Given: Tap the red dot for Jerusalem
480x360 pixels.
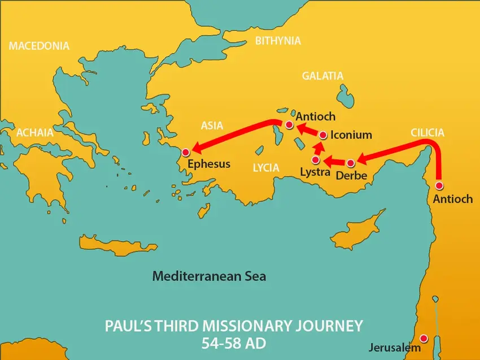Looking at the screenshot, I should coord(424,338).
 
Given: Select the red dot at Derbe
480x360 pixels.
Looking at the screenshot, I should coord(350,163).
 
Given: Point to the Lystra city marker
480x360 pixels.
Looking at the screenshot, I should coord(316,160).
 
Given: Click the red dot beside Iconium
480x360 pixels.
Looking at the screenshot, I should coord(323,135).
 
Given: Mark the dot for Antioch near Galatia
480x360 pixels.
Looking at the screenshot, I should coord(289,124).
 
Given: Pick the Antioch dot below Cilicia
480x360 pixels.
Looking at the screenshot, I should coord(439,185).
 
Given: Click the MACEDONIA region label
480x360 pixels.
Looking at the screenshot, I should coord(39,46).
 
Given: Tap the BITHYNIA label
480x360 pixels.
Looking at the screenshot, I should coord(278,41).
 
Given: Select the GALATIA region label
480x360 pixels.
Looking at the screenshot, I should coord(322,76).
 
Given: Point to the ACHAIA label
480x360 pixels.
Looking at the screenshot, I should coord(35,133).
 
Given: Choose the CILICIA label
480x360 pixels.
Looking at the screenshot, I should coord(427,133).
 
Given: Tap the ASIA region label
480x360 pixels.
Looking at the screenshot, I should coord(212,125).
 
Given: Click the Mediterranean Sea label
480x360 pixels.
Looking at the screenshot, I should coord(209,277).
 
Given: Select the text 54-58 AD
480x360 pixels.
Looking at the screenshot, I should coord(233,343).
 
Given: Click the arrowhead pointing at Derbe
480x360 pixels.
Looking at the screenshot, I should coord(361,159).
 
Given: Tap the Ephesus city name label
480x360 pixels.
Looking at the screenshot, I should coord(209,164).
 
